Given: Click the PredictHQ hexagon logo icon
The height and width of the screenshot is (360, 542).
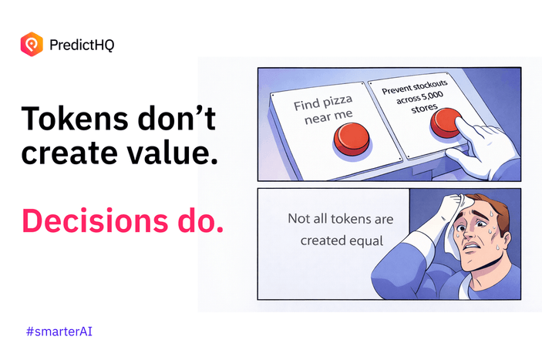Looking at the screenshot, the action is tap(32, 44).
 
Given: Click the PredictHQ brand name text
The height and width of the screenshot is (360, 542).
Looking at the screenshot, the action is tap(82, 45).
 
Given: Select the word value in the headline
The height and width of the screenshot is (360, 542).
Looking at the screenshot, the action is tap(173, 153).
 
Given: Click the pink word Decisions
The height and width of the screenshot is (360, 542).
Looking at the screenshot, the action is tap(96, 221).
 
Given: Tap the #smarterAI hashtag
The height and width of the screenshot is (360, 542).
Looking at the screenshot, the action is tap(59, 331).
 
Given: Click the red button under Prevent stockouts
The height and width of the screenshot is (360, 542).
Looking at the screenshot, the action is tap(446, 123).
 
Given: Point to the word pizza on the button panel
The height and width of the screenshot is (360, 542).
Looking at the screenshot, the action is tap(337, 101).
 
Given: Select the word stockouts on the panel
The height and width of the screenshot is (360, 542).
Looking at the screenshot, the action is tap(430, 86).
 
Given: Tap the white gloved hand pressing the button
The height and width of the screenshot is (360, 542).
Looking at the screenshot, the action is tap(482, 149).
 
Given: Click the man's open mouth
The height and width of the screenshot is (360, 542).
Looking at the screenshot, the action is tap(470, 247).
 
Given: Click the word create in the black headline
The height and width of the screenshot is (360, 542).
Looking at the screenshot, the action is tap(69, 153).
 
